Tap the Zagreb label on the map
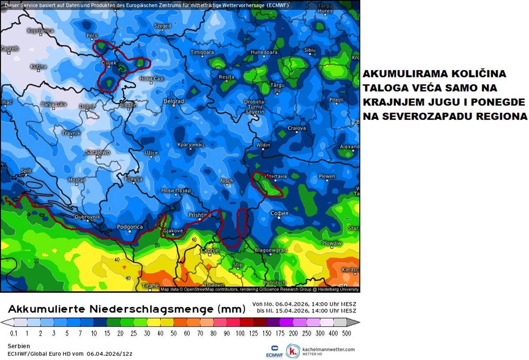tap(10, 49)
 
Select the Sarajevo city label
tap(97, 152)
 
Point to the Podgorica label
tap(130, 227)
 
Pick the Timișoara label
tap(201, 52)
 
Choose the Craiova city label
tap(296, 128)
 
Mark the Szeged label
tap(162, 26)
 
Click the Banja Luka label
tap(53, 104)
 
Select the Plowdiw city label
tap(332, 243)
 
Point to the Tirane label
tap(150, 286)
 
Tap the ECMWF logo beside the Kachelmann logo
tap(272, 351)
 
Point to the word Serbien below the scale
tap(19, 346)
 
